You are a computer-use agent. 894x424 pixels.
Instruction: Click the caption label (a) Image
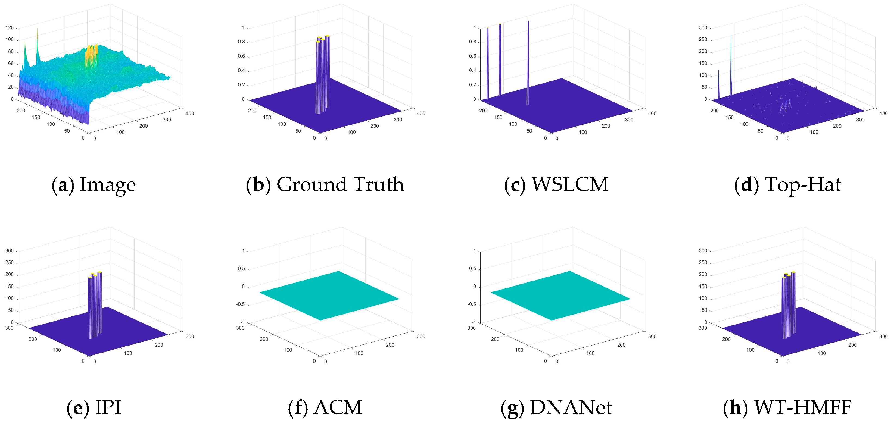(94, 184)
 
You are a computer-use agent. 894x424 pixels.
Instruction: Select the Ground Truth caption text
(325, 184)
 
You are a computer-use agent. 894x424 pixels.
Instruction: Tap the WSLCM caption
(556, 184)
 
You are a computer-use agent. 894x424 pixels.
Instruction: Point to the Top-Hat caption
(787, 184)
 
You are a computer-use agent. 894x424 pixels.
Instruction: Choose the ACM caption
(325, 407)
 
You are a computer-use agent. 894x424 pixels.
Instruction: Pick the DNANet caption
(556, 407)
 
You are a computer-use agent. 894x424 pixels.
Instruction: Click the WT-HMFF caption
(787, 407)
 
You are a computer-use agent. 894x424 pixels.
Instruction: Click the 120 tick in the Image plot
(10, 28)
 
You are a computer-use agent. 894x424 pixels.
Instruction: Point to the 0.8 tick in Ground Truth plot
(241, 42)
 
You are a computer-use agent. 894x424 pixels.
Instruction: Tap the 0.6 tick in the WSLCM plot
(472, 56)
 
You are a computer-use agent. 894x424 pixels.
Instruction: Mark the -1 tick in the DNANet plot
(474, 322)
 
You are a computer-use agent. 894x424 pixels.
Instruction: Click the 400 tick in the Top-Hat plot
(883, 113)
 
